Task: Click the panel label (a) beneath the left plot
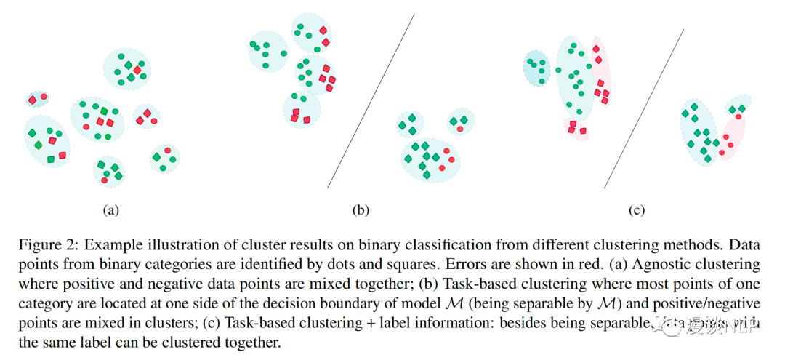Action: point(110,211)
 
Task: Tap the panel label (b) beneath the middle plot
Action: point(361,211)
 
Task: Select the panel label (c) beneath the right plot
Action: point(637,211)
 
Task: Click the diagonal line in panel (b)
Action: point(371,101)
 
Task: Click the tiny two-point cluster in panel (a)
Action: point(37,97)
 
